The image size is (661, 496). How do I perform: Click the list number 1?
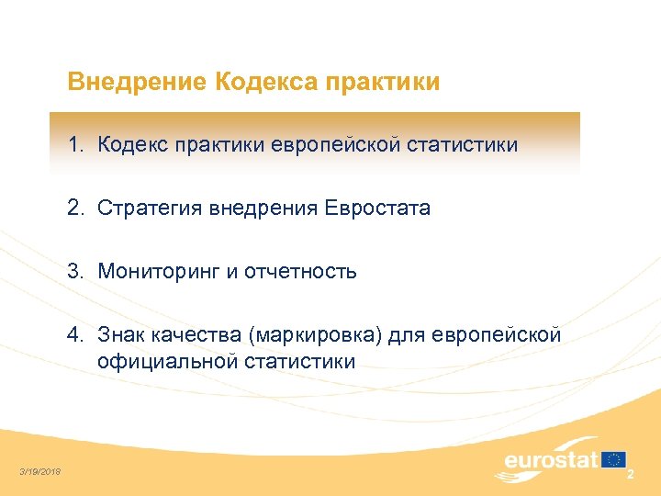click(x=73, y=145)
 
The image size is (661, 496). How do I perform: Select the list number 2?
click(x=73, y=209)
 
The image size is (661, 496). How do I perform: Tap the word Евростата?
click(x=376, y=209)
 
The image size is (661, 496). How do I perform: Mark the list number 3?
click(x=73, y=272)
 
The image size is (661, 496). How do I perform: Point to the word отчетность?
click(x=300, y=272)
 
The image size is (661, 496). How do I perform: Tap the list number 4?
click(x=73, y=335)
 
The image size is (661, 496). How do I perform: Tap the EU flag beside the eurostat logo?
click(x=613, y=459)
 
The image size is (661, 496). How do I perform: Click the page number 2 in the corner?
click(x=630, y=475)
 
